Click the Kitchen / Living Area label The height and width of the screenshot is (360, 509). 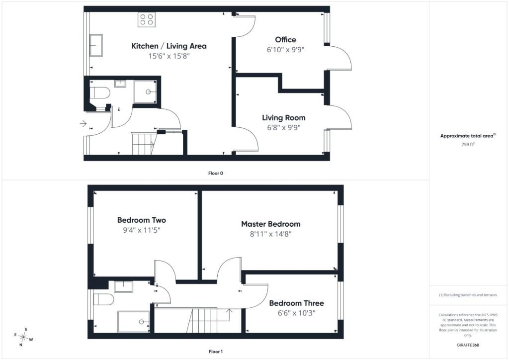coord(169,46)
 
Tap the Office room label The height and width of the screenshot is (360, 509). coord(285,40)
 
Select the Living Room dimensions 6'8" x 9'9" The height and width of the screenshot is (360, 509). coord(283,128)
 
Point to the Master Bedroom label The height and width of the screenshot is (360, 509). coord(271,224)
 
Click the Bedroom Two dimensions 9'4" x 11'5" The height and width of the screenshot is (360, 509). coord(142,230)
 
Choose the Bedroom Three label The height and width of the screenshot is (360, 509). coord(296,303)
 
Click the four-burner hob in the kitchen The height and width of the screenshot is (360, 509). coord(147,19)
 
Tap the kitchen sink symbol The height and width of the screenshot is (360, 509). coord(96,45)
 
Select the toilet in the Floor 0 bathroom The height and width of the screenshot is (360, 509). coord(99,93)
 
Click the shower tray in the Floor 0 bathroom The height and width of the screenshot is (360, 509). coord(145,92)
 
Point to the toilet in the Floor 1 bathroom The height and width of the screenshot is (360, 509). coord(103,299)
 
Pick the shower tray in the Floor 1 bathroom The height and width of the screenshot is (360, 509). coord(134,322)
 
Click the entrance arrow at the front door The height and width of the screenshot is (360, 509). coord(83,124)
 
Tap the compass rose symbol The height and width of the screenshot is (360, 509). coord(23,337)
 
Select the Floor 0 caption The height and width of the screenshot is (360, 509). coord(216,174)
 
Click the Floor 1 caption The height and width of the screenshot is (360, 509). coord(216,352)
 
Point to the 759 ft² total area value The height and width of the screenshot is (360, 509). coord(468,145)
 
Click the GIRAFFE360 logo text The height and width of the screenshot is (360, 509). coord(468,345)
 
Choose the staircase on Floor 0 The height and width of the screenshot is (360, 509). coord(144,144)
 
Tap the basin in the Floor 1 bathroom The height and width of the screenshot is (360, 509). coord(124,286)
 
